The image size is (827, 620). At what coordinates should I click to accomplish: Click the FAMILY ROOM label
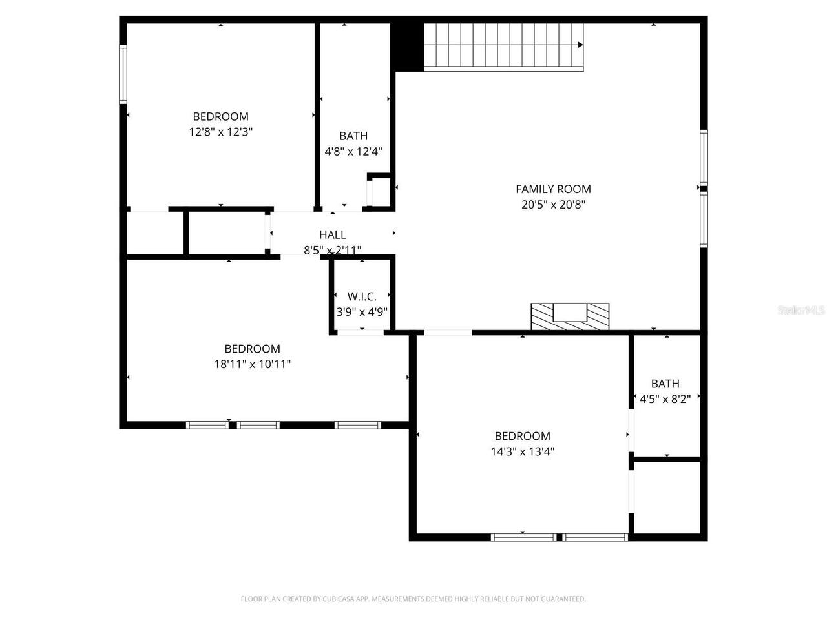553,189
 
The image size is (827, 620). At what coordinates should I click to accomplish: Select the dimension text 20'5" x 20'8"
553,205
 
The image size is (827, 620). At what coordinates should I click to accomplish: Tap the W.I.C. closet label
362,296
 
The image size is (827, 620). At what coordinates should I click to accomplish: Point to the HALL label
333,235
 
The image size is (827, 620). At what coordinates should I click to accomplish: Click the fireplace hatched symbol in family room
570,316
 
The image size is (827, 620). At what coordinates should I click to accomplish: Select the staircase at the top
503,46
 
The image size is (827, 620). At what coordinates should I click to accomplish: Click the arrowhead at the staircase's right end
580,45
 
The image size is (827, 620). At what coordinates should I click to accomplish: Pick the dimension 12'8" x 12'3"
220,132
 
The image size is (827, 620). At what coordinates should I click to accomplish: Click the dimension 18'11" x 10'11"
252,364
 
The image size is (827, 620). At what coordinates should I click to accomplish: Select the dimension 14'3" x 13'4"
522,451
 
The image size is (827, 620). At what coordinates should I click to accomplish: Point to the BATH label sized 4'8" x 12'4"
353,136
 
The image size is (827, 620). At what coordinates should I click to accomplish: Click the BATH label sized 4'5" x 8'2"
665,384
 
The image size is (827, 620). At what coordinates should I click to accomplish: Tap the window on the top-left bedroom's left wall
123,74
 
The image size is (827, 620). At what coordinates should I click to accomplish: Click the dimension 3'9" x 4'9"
362,311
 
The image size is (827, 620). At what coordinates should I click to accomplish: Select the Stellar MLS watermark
801,311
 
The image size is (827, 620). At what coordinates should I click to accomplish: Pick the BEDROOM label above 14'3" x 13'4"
522,436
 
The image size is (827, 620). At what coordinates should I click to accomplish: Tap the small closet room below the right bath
666,497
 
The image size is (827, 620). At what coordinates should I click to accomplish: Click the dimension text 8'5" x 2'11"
333,250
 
